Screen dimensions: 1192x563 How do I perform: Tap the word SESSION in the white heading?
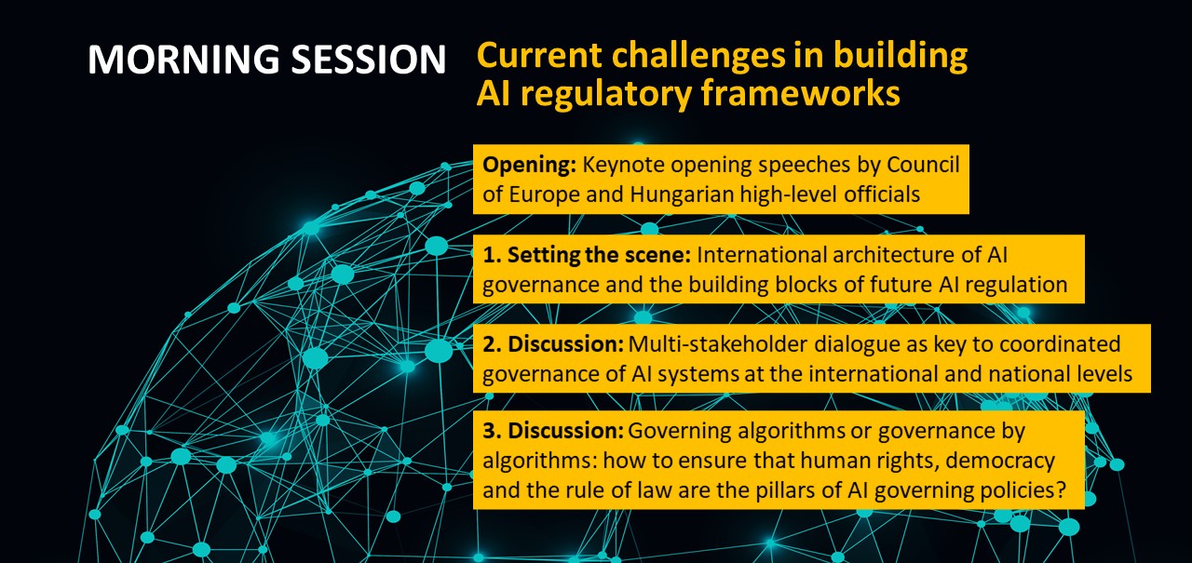click(x=369, y=59)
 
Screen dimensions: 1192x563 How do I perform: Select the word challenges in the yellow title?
click(x=698, y=56)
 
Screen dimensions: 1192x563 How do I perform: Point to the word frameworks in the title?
click(x=800, y=93)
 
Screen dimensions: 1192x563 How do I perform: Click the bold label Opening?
click(x=529, y=166)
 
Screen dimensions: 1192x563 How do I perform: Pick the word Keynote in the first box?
click(x=623, y=166)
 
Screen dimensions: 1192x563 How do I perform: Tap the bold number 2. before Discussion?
click(x=492, y=344)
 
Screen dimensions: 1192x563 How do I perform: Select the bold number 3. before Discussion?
click(x=492, y=431)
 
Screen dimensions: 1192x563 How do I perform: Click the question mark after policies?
click(x=1061, y=489)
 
